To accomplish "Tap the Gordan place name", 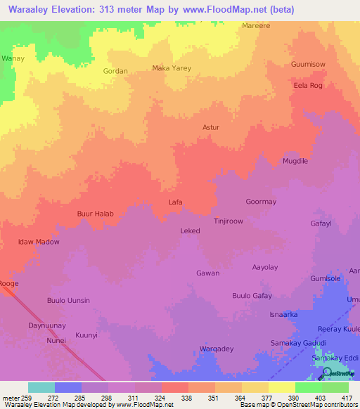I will [x=115, y=71].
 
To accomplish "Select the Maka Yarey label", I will [x=172, y=68].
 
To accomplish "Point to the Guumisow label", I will [x=308, y=64].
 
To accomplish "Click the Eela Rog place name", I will [x=307, y=86].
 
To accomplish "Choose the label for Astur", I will [x=211, y=127].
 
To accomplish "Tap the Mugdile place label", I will [x=295, y=161].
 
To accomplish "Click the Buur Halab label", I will [x=95, y=214].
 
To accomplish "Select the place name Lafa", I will [x=176, y=202].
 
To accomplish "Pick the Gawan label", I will [x=207, y=273].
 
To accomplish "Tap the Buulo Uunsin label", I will [x=68, y=301].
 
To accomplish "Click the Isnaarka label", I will [x=283, y=315].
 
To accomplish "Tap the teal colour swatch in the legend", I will [x=41, y=387].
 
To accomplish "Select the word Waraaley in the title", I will [x=29, y=9].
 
